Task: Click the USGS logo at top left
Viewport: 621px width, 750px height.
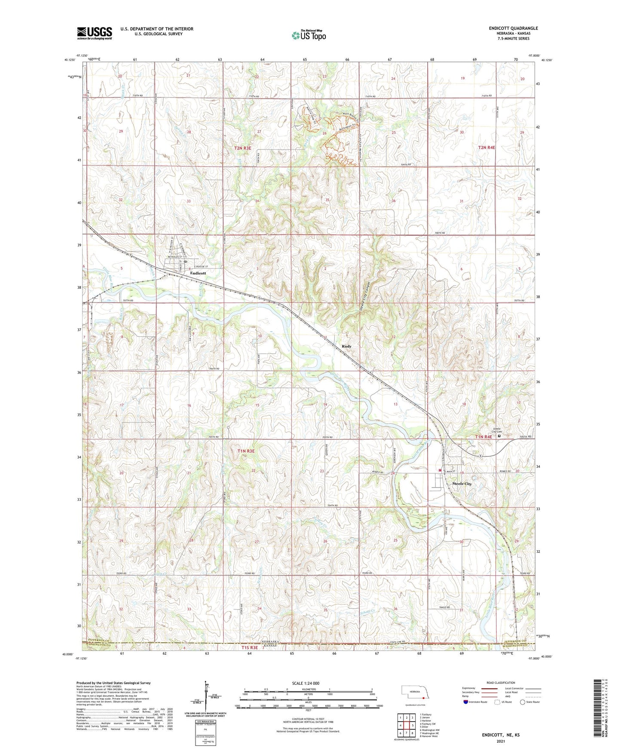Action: coord(95,33)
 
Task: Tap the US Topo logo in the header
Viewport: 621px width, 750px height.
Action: coord(309,35)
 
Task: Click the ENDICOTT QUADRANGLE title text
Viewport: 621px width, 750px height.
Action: coord(513,28)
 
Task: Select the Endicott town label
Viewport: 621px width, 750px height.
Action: coord(198,273)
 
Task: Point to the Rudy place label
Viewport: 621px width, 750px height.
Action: coord(346,346)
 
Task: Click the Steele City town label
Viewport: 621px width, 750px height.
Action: coord(462,484)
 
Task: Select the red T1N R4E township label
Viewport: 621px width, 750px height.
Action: coord(483,437)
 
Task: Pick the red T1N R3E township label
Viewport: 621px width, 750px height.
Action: coord(246,451)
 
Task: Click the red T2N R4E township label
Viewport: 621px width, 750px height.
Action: coord(486,147)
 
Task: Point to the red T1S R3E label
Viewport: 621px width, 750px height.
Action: coord(249,647)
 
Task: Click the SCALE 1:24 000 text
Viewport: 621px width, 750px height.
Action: coord(306,683)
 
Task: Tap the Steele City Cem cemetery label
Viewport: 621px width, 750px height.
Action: coord(497,430)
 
